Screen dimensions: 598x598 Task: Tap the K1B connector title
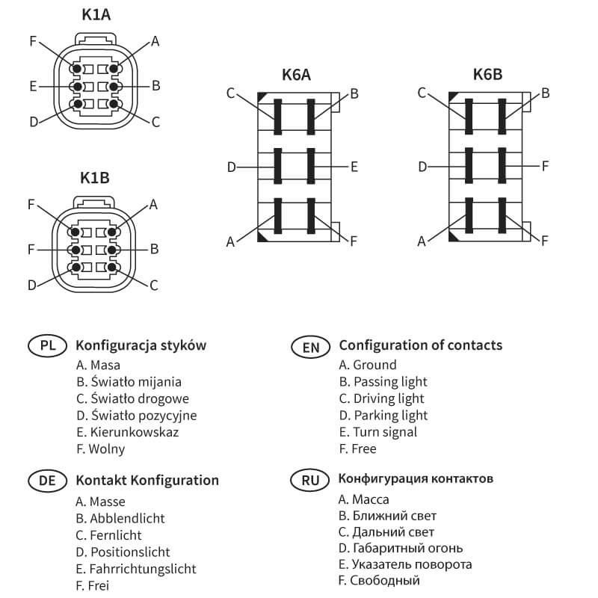[94, 178]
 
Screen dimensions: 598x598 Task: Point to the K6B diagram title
[487, 74]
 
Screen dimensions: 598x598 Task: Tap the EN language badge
[309, 346]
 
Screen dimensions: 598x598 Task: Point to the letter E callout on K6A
[354, 166]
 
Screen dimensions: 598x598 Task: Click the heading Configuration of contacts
[420, 345]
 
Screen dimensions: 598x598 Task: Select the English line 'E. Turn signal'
[377, 432]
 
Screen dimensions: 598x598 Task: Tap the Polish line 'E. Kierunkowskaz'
[127, 432]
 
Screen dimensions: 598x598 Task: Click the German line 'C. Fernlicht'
[108, 535]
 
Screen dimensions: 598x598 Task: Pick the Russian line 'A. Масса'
[364, 499]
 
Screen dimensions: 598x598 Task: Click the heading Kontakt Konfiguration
[147, 481]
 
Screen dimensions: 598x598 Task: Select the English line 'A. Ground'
[368, 365]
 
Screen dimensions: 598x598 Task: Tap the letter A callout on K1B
[154, 203]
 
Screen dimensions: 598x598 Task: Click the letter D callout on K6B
[422, 166]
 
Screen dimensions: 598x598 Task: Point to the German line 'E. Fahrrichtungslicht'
[136, 569]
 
